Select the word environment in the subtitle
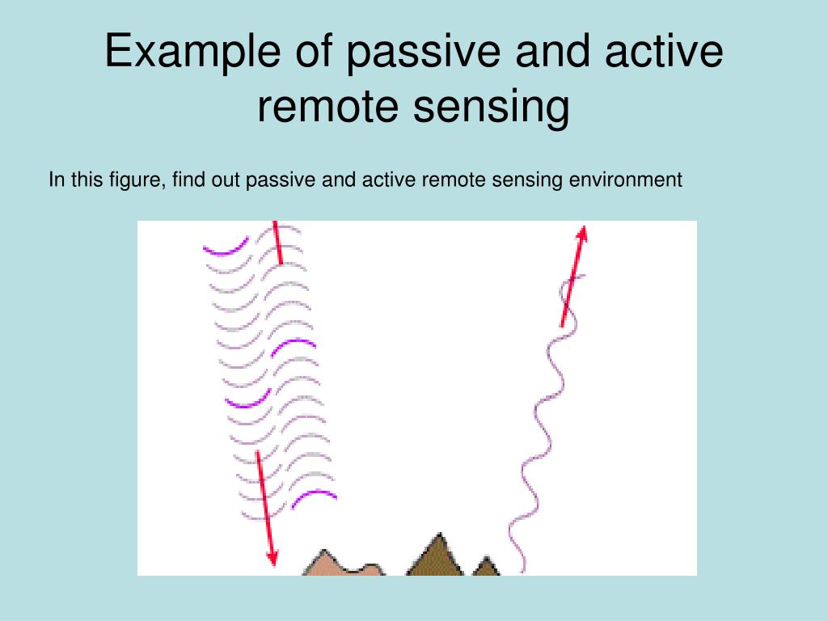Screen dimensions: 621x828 [625, 179]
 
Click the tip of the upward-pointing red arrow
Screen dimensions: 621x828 [581, 229]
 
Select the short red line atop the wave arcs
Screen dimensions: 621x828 [277, 242]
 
